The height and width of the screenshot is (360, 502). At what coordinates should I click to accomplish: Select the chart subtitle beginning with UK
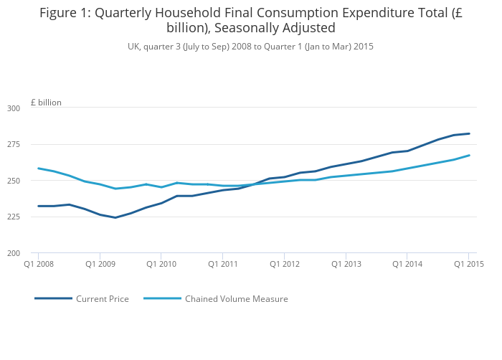point(250,47)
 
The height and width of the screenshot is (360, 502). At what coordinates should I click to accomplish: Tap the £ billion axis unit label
point(46,103)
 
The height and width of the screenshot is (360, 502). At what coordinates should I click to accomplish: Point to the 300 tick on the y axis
point(14,108)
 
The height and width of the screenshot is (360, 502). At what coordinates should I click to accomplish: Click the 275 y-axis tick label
point(14,145)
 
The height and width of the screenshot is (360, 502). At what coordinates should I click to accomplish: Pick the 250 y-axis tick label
point(14,181)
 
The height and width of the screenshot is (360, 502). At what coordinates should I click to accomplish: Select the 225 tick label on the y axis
point(14,217)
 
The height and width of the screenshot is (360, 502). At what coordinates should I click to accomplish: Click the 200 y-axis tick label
point(14,253)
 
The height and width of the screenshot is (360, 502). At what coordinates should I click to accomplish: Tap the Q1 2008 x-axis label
point(38,264)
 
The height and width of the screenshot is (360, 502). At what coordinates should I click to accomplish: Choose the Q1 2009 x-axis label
point(100,264)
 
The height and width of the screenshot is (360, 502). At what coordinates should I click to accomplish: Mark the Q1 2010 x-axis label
point(161,264)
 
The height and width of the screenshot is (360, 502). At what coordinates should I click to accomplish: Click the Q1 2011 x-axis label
point(223,264)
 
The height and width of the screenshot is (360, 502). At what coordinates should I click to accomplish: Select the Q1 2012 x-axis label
point(284,264)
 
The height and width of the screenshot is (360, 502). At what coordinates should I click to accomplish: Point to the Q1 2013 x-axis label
point(346,264)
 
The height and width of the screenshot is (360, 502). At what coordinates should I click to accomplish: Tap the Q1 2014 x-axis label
point(407,264)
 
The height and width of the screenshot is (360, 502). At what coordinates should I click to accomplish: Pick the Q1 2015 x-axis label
point(468,264)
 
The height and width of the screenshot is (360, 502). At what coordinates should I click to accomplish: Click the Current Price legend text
point(103,299)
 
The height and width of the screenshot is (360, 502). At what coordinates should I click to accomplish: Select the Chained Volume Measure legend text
point(237,299)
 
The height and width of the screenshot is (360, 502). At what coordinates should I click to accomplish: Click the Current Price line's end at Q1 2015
point(469,133)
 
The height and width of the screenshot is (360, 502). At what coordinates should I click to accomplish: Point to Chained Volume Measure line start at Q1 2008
point(39,169)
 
